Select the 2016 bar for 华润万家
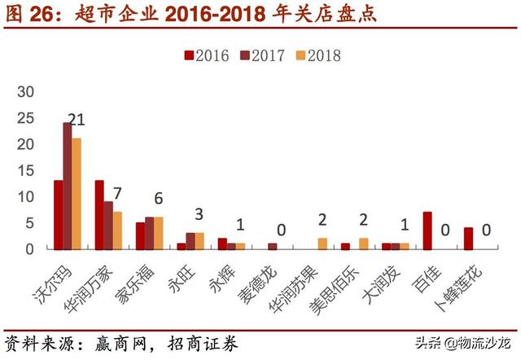click(x=99, y=215)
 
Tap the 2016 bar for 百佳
click(x=427, y=230)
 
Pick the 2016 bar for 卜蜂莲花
click(x=468, y=239)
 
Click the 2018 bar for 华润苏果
click(x=322, y=244)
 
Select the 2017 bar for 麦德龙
click(x=273, y=246)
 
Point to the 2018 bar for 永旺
click(x=199, y=241)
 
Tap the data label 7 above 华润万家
click(x=117, y=195)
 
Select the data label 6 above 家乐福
click(x=158, y=200)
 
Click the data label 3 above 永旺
click(x=198, y=215)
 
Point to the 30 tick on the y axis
click(x=27, y=92)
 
